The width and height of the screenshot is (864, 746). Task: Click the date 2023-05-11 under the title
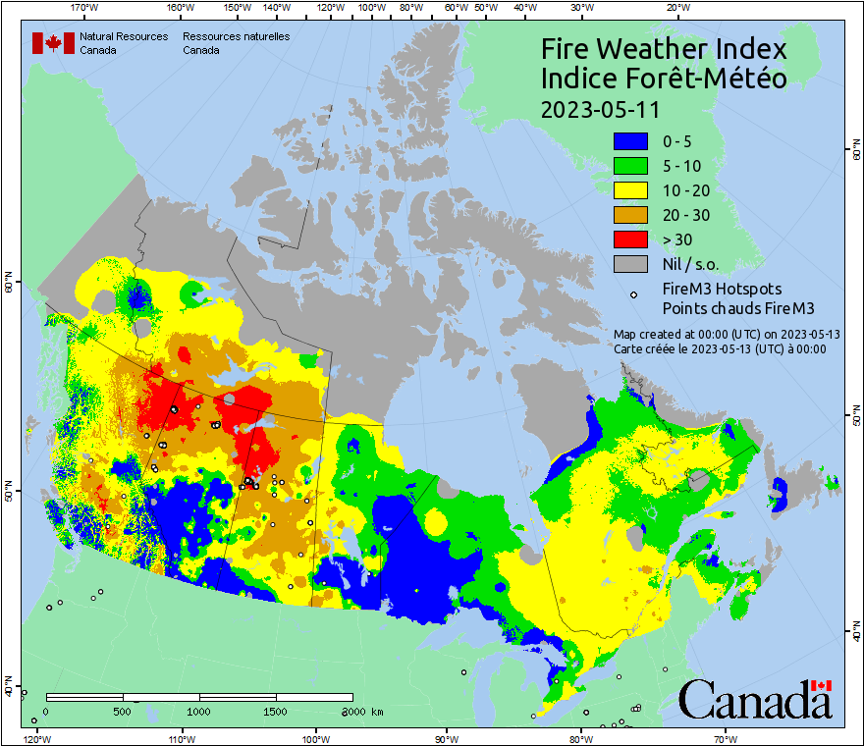tap(600, 108)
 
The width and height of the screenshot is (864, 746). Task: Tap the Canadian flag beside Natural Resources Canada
tap(52, 43)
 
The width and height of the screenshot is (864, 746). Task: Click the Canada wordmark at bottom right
tap(754, 699)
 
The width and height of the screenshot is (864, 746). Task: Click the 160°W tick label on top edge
tap(179, 7)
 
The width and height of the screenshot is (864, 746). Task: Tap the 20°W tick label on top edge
tap(675, 7)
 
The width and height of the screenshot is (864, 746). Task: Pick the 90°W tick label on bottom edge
tap(447, 737)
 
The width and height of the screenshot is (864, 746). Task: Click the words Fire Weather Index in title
tap(665, 49)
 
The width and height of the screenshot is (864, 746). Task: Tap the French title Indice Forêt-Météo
tap(665, 79)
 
